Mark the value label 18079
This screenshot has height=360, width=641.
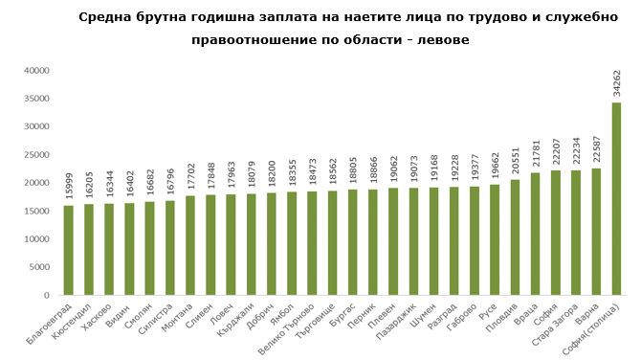click(251, 174)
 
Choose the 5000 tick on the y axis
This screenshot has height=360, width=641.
click(38, 267)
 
